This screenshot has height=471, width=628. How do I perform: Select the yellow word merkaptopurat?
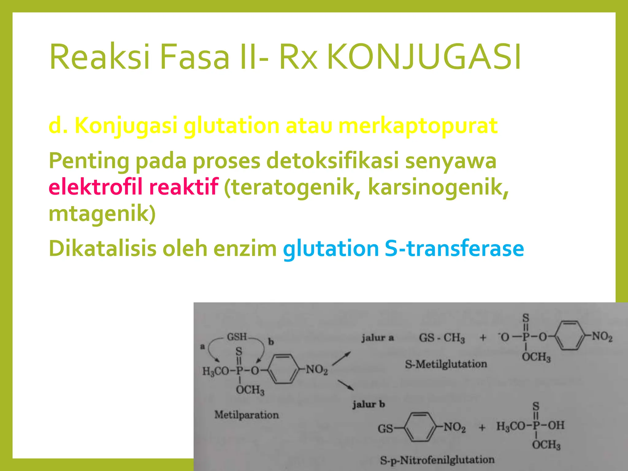418,126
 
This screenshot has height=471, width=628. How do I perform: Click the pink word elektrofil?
95,187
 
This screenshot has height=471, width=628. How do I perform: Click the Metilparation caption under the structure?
247,415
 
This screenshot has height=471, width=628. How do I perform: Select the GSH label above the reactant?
237,337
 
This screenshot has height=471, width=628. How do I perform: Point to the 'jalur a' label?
377,338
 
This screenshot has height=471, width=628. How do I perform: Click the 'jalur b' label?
369,404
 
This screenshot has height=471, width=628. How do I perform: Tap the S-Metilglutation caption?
446,364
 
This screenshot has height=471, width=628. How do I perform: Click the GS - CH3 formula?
442,338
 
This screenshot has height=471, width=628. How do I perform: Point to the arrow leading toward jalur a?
341,359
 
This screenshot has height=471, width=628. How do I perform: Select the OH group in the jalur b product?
556,425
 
